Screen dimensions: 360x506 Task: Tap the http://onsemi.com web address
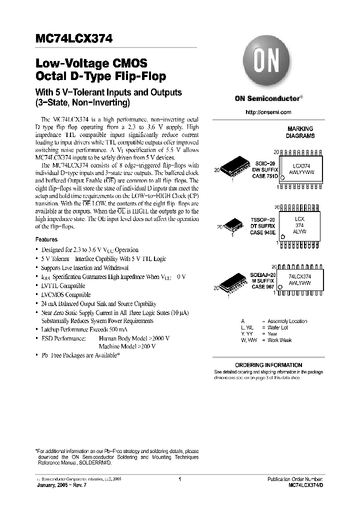pyautogui.click(x=268, y=112)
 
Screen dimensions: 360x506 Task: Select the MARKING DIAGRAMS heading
pyautogui.click(x=300, y=132)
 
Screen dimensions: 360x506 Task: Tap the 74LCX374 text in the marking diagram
pyautogui.click(x=299, y=276)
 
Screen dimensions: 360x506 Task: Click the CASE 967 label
pyautogui.click(x=262, y=287)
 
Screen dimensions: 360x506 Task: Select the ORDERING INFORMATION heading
pyautogui.click(x=268, y=365)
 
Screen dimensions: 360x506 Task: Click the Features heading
pyautogui.click(x=46, y=239)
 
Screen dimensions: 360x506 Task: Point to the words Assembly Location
pyautogui.click(x=287, y=321)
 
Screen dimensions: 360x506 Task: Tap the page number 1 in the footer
pyautogui.click(x=179, y=479)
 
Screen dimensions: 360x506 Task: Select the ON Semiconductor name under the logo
pyautogui.click(x=267, y=98)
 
